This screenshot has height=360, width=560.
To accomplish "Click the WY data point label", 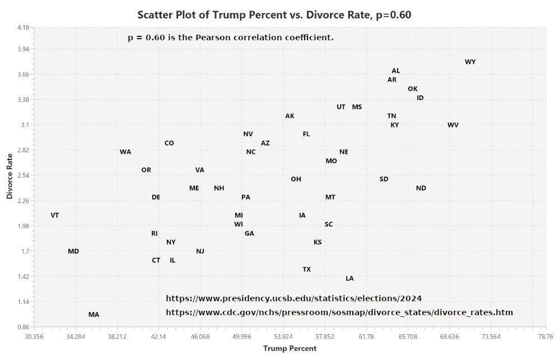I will (470, 62).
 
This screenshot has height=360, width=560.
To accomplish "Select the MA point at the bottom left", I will (94, 315).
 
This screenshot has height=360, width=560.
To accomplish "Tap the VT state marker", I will (55, 216).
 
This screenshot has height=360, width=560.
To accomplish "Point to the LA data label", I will (349, 278).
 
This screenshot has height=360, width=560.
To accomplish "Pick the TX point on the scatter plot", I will (306, 269).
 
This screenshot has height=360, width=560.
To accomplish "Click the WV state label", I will (453, 125).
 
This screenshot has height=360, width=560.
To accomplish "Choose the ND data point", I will (421, 188).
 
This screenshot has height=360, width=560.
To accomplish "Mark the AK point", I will (290, 116).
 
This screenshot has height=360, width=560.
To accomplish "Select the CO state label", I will (169, 143).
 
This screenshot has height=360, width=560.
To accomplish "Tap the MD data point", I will (73, 251).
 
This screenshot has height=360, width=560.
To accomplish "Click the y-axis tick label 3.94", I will (22, 49).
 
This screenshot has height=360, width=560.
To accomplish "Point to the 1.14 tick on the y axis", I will (22, 302).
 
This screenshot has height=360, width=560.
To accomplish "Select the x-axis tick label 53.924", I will (283, 336).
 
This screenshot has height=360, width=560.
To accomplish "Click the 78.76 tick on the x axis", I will (545, 336).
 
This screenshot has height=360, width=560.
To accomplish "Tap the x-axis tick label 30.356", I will (34, 336).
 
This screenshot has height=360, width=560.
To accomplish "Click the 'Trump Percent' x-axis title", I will (290, 348).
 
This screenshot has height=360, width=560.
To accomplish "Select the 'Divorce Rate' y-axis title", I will (10, 177).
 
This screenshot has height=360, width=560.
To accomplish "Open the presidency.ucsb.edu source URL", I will (293, 298).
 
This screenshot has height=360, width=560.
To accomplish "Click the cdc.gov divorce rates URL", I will (339, 312).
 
